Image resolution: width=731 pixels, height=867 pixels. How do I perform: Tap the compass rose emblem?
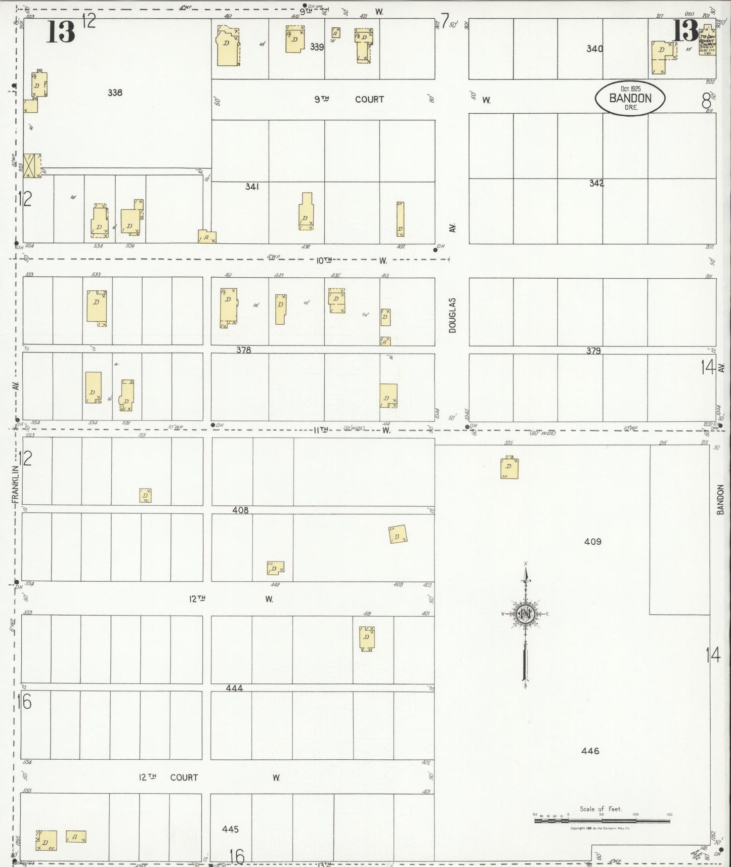point(526,614)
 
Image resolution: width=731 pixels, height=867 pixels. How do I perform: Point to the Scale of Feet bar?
point(602,820)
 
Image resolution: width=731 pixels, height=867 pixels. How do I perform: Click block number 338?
point(115,93)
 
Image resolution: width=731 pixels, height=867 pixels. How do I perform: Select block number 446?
point(590,751)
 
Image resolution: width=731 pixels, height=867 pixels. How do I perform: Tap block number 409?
point(592,541)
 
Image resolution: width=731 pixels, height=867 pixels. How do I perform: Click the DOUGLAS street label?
point(452,315)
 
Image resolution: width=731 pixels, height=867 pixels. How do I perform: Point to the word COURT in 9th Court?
point(369,99)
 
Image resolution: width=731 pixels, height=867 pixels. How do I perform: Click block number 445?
point(230,829)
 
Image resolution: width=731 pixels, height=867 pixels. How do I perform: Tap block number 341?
point(252,187)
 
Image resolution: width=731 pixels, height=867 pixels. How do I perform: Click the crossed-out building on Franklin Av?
point(32,166)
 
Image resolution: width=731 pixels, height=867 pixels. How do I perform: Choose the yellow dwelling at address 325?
point(509,467)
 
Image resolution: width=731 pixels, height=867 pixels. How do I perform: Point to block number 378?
point(243,350)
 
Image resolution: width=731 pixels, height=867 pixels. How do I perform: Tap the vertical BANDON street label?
point(721,499)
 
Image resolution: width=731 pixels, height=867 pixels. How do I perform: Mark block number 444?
point(234,688)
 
